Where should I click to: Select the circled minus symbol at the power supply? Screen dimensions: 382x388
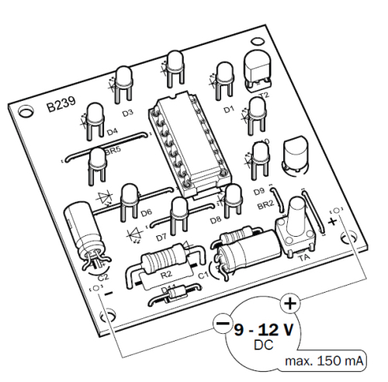pos(221,322)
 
